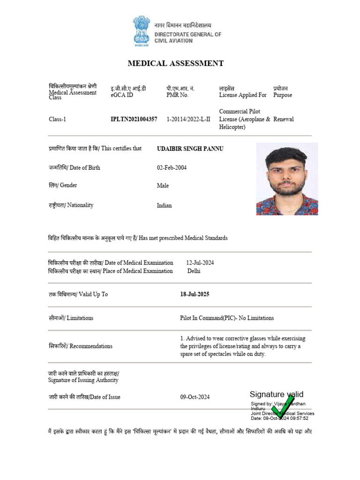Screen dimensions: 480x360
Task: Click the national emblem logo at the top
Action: click(x=142, y=31)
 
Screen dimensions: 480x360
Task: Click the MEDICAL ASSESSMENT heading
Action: click(x=176, y=64)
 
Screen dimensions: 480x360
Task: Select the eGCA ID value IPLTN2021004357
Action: click(x=134, y=120)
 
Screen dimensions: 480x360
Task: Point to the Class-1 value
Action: click(x=58, y=120)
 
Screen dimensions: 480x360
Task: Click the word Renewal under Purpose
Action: click(x=284, y=120)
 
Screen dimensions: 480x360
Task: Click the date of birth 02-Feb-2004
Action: click(x=172, y=168)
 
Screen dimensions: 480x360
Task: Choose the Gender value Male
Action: click(x=163, y=186)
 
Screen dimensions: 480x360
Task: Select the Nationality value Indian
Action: click(x=164, y=205)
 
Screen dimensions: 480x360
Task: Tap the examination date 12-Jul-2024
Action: click(x=200, y=263)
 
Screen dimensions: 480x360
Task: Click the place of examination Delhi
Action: click(x=194, y=271)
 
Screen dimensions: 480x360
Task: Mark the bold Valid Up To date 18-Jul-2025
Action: click(x=195, y=294)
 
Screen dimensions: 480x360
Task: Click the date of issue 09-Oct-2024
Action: click(x=195, y=397)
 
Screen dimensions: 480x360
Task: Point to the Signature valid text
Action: click(x=276, y=394)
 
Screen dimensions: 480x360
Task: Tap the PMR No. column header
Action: click(x=177, y=95)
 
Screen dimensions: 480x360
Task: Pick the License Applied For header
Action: click(x=242, y=95)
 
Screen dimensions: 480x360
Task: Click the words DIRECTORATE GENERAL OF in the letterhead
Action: click(x=187, y=34)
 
